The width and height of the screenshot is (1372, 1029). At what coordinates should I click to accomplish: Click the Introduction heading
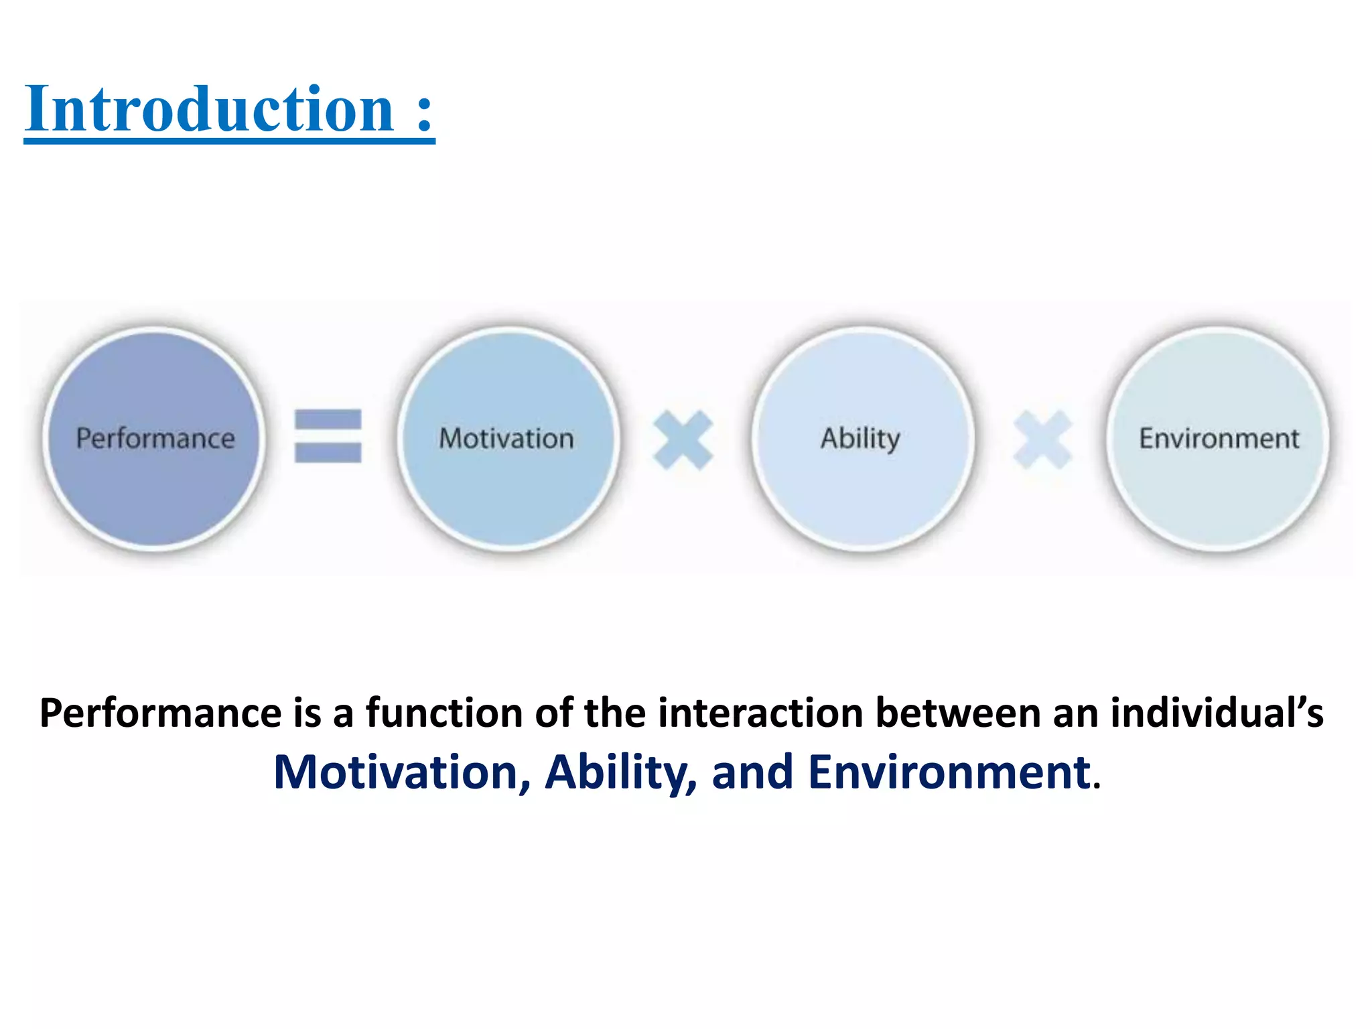click(209, 109)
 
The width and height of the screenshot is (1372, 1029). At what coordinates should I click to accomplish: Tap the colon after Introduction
click(424, 111)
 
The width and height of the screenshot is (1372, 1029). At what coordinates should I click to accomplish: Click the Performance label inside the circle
click(155, 439)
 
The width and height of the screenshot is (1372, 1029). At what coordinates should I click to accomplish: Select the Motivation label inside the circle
click(506, 439)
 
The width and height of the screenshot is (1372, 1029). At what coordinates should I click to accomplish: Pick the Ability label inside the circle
click(860, 439)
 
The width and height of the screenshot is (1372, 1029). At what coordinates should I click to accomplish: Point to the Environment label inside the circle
click(1219, 439)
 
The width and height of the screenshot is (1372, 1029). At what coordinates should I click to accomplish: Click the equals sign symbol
click(328, 436)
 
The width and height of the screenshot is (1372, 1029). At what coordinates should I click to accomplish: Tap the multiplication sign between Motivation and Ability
click(683, 440)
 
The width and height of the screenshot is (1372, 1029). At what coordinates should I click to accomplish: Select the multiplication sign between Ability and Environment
click(1042, 440)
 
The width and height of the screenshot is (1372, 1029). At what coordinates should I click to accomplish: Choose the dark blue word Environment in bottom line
click(949, 772)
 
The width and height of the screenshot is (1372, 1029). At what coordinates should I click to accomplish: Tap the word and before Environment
click(752, 772)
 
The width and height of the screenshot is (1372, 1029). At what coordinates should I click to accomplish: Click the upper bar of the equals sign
click(328, 420)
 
